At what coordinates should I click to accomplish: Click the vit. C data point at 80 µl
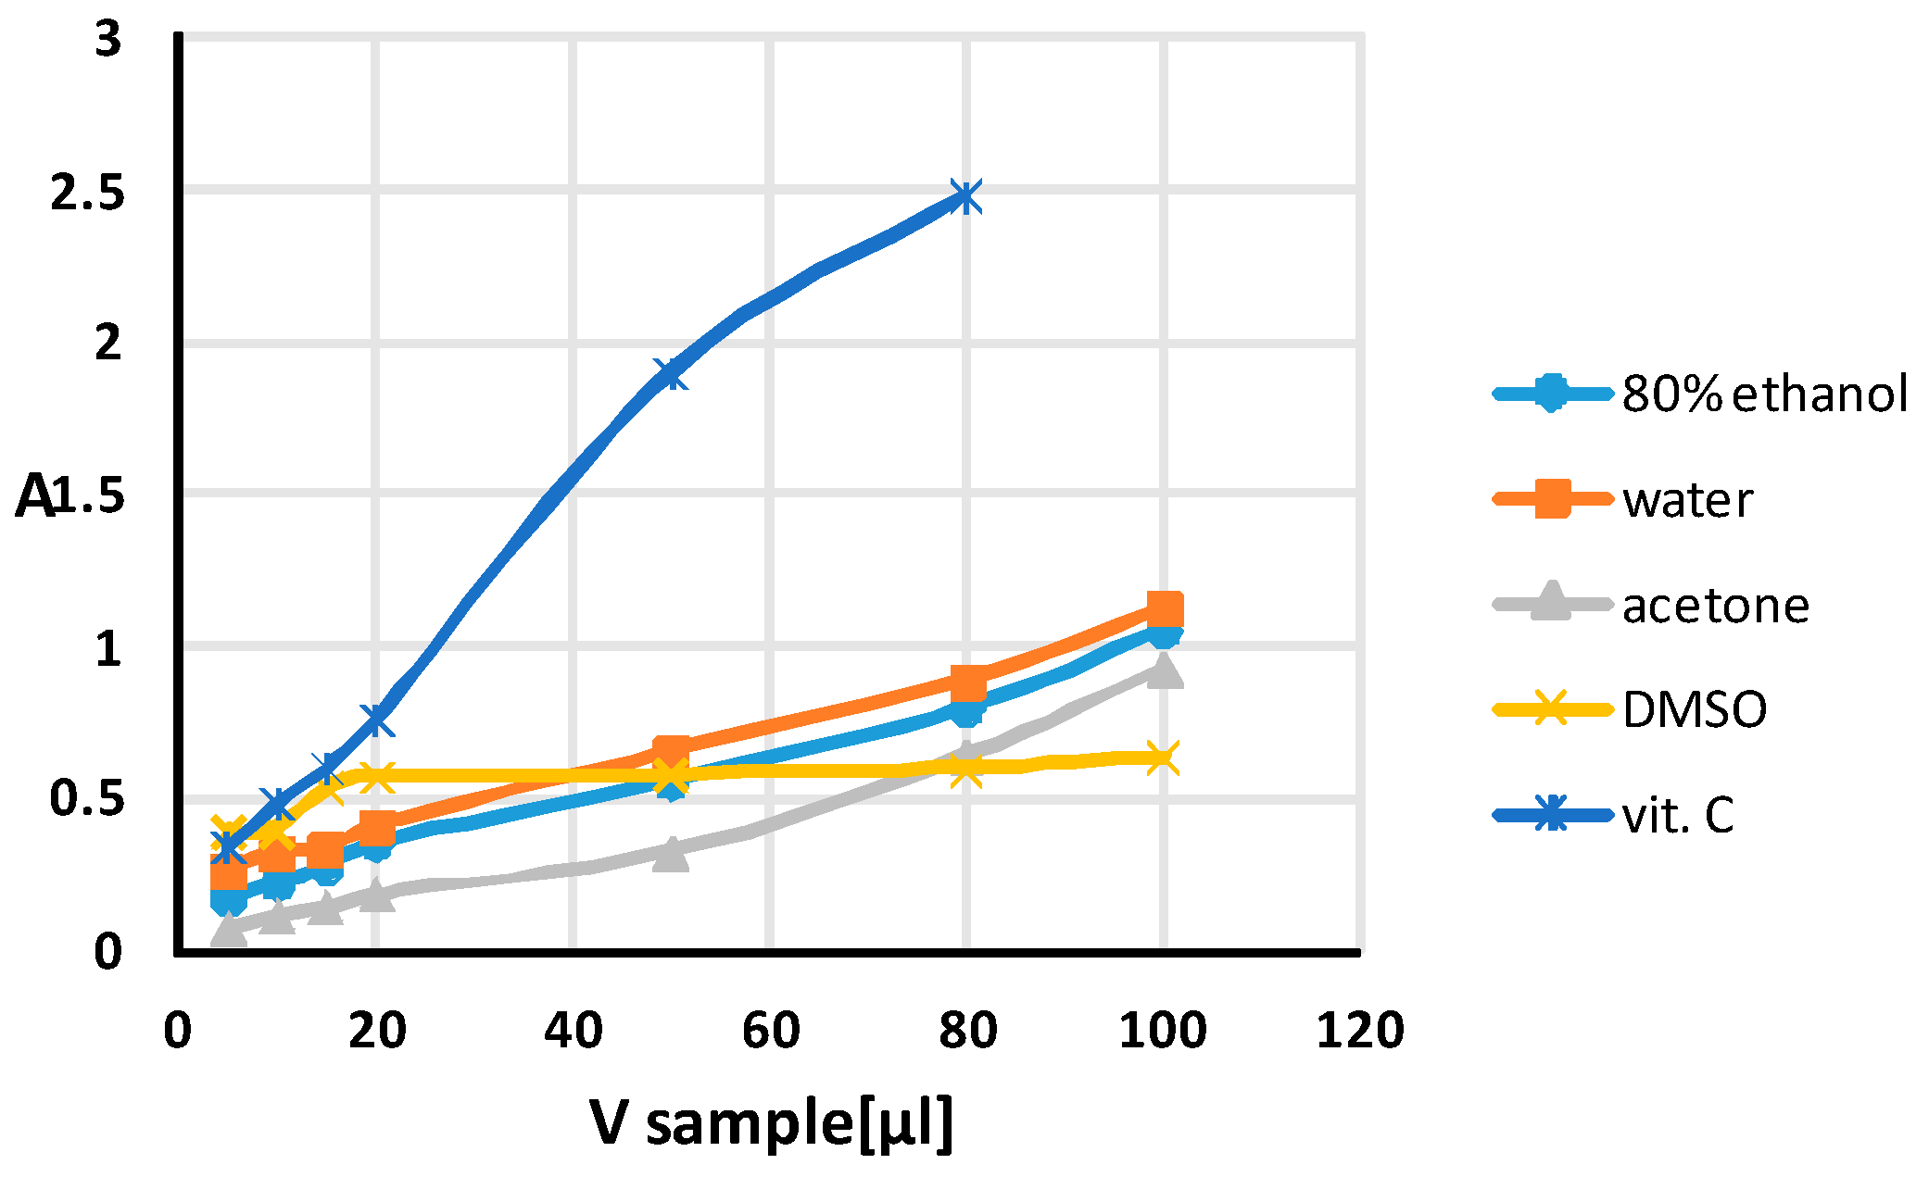coord(965,197)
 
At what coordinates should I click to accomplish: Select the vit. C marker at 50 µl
coord(670,374)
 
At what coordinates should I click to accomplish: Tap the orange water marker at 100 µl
coord(1164,610)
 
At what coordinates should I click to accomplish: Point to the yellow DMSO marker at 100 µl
coord(1163,758)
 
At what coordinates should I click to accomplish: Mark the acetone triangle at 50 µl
coord(670,854)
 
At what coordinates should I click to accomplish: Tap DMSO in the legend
coord(1695,710)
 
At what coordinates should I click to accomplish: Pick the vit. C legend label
coord(1678,816)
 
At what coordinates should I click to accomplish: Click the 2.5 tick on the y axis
coord(87,194)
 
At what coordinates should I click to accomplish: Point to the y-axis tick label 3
coord(108,40)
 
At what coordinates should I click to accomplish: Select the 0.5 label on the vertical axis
coord(87,798)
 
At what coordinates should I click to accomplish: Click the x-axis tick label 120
coord(1359,1030)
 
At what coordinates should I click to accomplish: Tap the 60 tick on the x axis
coord(771,1030)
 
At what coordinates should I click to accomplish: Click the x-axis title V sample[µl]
coord(771,1123)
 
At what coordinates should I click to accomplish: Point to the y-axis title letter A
coord(35,496)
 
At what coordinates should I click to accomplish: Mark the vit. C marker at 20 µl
coord(375,720)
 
